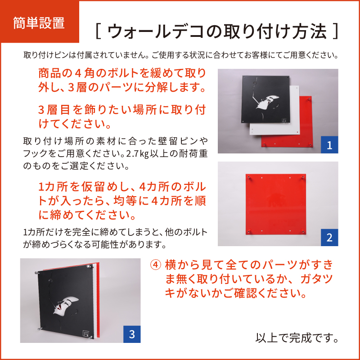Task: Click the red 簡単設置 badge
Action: pos(40,22)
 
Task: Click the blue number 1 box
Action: pos(329,144)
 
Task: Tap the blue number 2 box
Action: pos(329,238)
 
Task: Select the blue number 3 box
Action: pos(132,334)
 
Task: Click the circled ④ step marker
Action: pos(155,265)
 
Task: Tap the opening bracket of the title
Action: pos(98,31)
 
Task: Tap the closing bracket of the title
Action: pos(335,31)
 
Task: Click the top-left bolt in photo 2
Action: pos(248,177)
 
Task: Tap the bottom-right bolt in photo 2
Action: pos(302,231)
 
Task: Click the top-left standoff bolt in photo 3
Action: pos(36,273)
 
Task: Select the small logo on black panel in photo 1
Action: pos(284,120)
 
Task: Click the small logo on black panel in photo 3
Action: pos(85,333)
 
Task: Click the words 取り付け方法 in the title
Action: pos(275,31)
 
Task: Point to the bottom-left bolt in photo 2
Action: pos(248,230)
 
